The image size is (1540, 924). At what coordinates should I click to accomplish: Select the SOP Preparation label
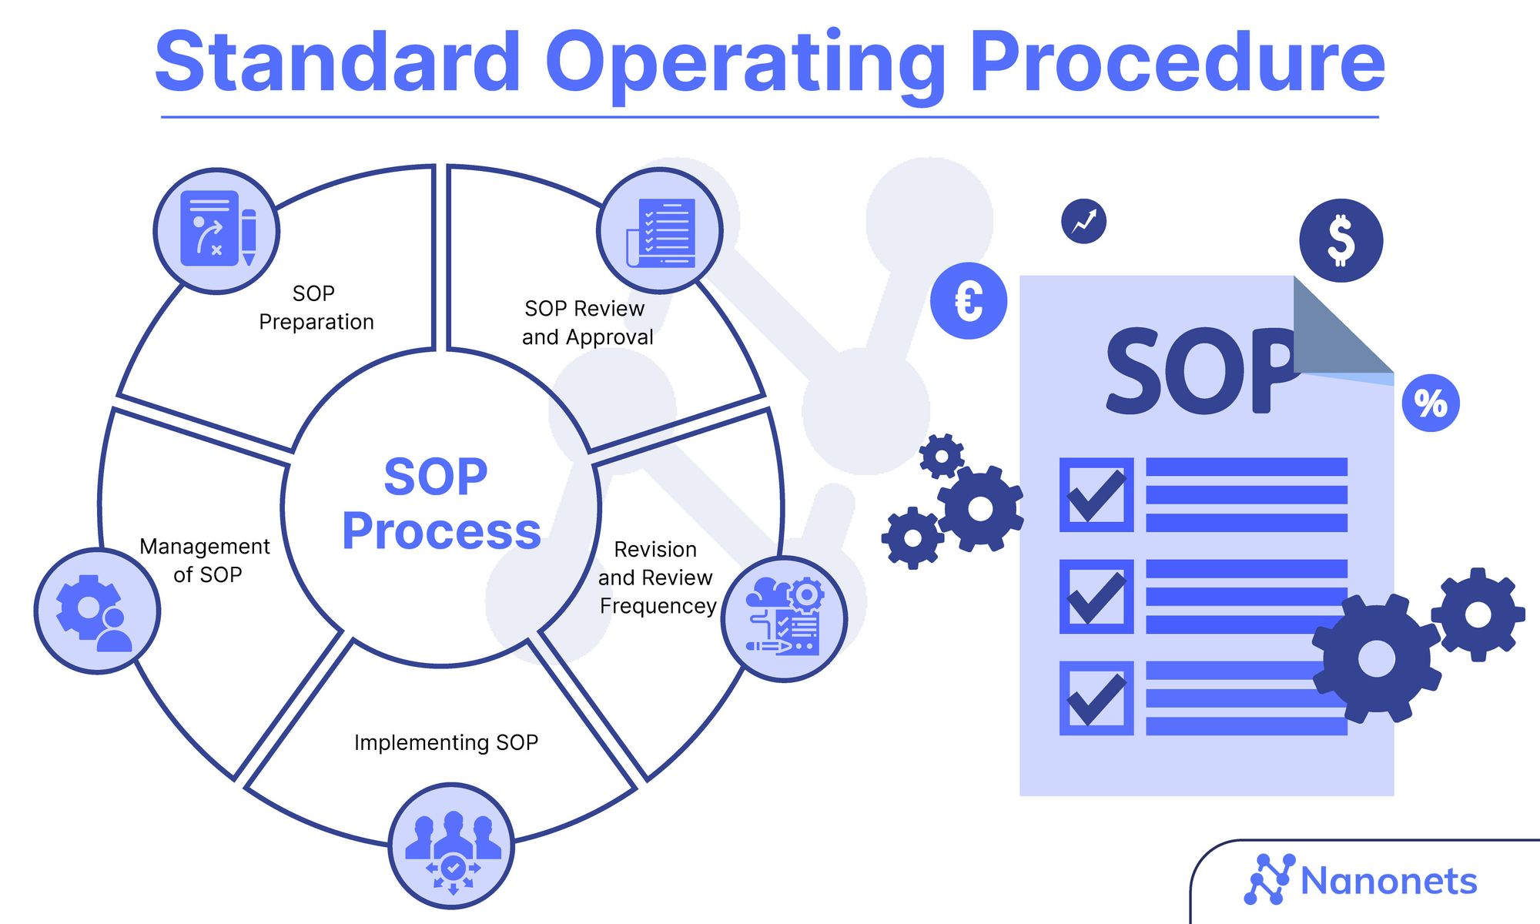coord(316,307)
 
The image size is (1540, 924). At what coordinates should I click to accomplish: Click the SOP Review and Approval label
coord(587,323)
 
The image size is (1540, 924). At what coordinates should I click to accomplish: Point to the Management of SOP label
coord(206,561)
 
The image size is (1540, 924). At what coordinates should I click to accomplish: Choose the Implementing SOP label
coord(446,742)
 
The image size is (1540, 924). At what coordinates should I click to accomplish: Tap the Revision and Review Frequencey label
coord(657,577)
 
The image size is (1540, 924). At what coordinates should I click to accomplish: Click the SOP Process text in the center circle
coord(440,504)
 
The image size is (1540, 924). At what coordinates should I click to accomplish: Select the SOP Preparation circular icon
coord(217,230)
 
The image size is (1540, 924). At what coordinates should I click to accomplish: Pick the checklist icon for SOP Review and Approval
coord(660,230)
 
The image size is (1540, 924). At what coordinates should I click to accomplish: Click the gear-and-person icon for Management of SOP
coord(97,611)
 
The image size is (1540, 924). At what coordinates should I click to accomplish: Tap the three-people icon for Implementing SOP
coord(452,845)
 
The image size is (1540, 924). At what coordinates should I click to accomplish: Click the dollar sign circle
coord(1341,240)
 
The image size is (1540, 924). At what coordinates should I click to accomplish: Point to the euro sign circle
coord(969,300)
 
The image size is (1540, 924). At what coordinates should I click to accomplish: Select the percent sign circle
coord(1431,403)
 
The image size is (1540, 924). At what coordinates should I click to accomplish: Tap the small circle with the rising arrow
coord(1083,222)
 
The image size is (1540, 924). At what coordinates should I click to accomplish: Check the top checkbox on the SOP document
coord(1096,495)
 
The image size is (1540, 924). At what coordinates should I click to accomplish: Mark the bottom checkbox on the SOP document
coord(1096,698)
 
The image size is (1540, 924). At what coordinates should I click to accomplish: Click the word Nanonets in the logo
coord(1388,882)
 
